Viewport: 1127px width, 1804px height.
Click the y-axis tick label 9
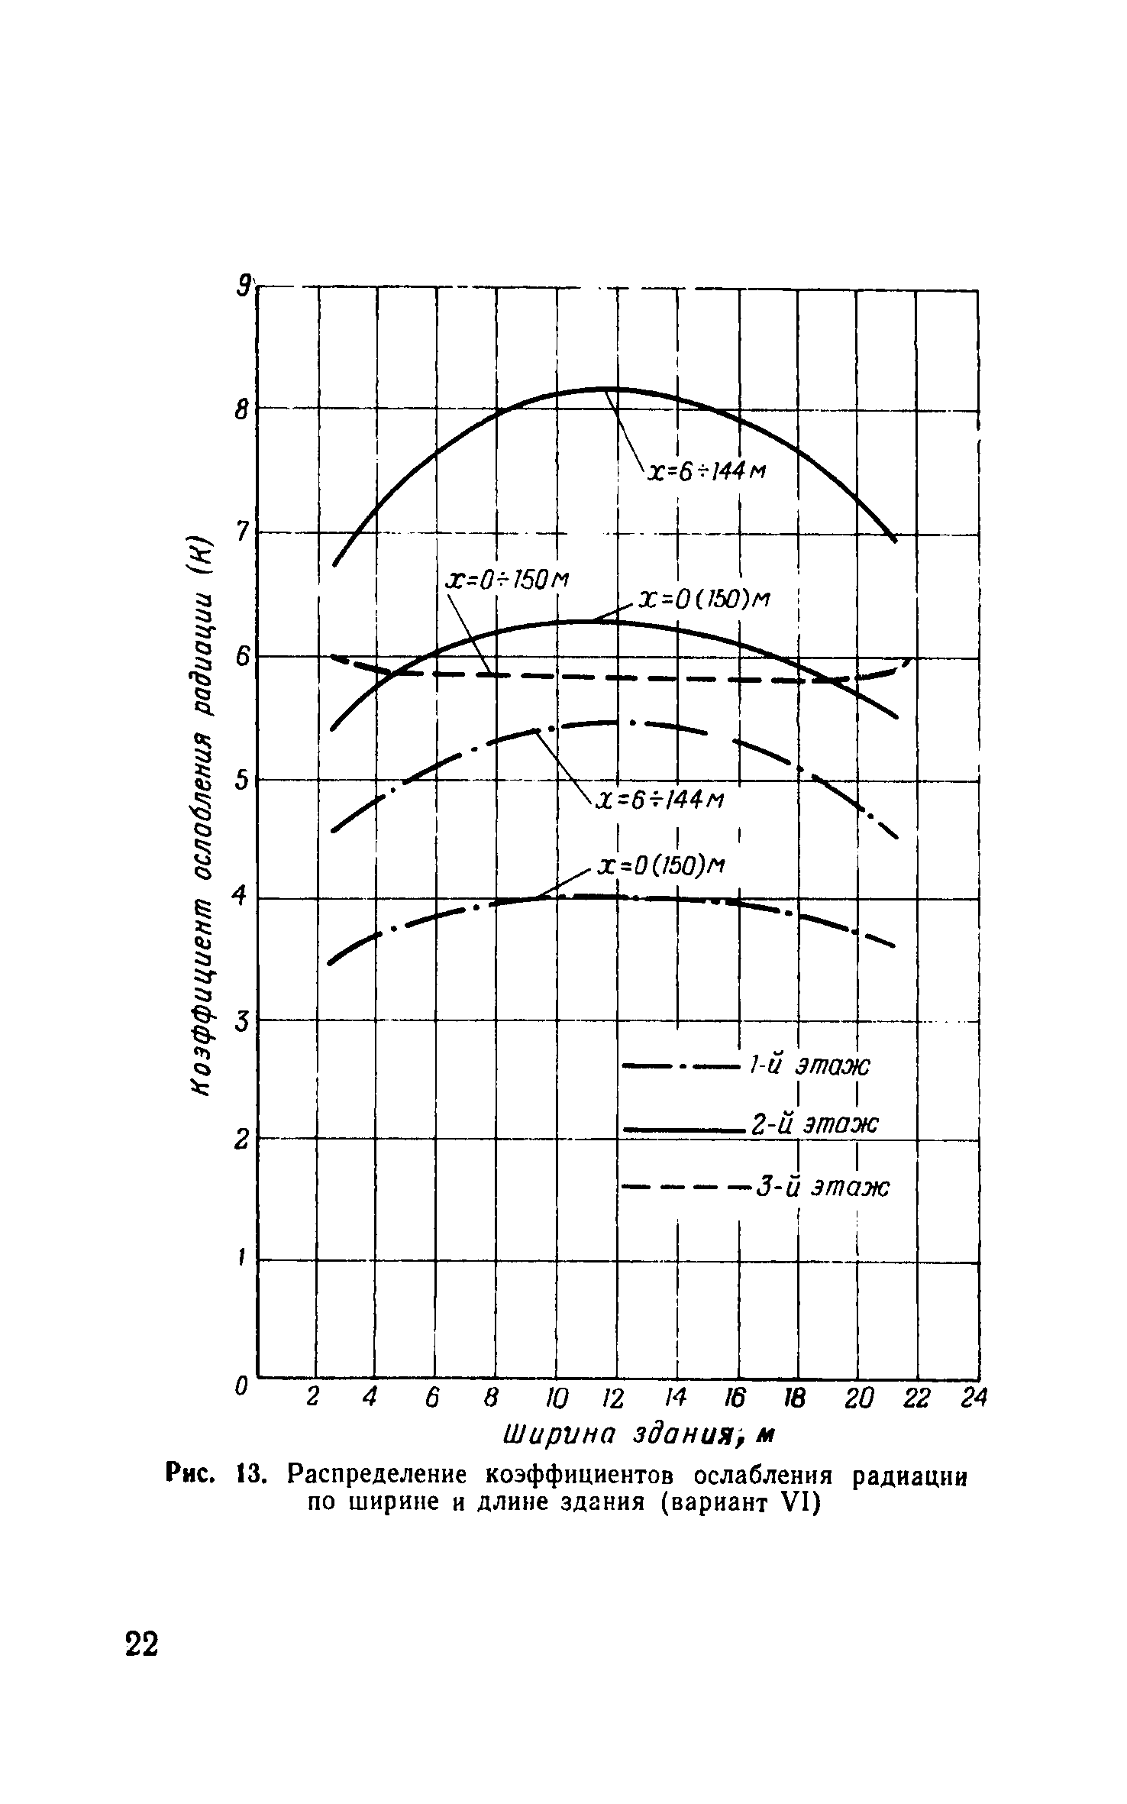(x=244, y=286)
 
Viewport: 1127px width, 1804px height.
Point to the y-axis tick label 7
(x=242, y=532)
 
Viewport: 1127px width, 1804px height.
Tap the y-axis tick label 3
(x=242, y=1020)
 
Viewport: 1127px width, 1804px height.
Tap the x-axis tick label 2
(x=312, y=1397)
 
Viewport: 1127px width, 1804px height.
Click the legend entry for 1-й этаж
(x=809, y=1065)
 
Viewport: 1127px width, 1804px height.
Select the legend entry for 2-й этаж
(x=815, y=1124)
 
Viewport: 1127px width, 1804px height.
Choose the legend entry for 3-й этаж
(x=823, y=1187)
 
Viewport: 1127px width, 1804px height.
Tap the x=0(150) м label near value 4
(x=661, y=866)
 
